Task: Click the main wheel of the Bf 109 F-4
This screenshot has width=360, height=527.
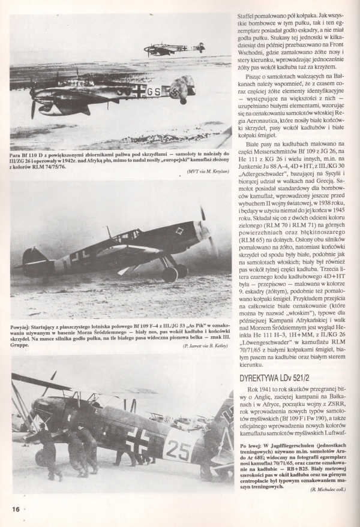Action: coord(170,274)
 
